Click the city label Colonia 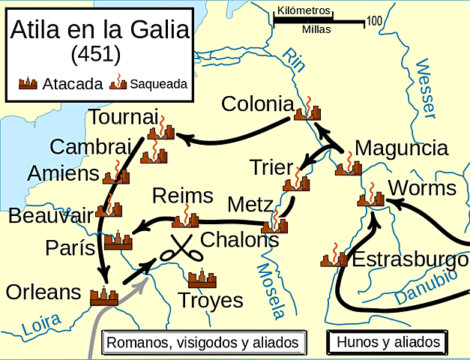(x=256, y=103)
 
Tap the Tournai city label (x=124, y=118)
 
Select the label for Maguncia (x=401, y=148)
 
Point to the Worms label (x=423, y=187)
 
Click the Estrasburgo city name (x=410, y=260)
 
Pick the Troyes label (x=211, y=301)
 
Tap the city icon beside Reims (x=185, y=219)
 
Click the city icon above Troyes (x=202, y=278)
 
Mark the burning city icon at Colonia (x=308, y=111)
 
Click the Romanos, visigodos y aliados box (x=204, y=343)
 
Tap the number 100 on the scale (x=375, y=20)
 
